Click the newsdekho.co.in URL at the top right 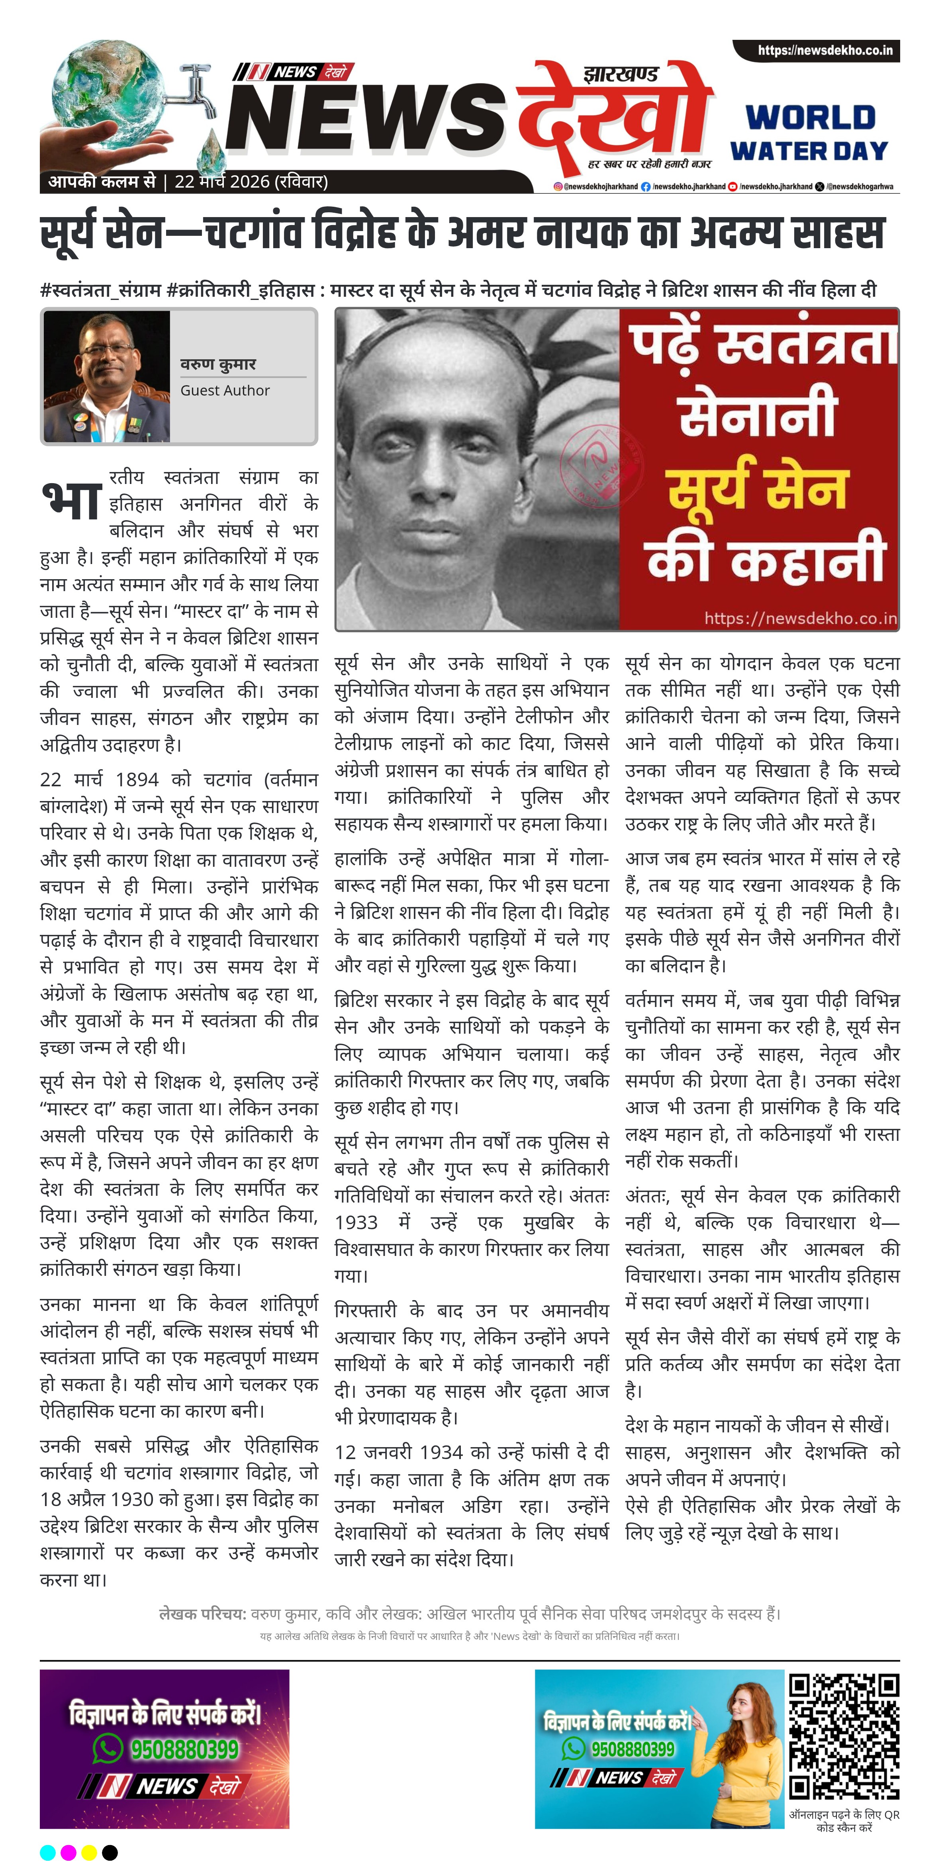pos(824,51)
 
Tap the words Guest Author pos(225,390)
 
